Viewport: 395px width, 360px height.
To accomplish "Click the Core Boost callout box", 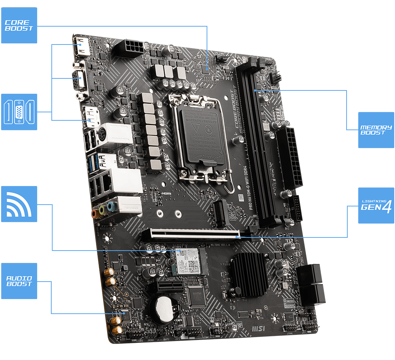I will coord(19,25).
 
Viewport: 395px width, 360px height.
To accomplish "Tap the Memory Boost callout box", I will coord(376,130).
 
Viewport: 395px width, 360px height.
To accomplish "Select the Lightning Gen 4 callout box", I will coord(376,205).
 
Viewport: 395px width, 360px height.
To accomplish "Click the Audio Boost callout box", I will coord(19,281).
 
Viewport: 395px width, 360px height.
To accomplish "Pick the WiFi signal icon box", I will coord(19,204).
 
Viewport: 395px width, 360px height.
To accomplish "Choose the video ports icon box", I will coord(19,112).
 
